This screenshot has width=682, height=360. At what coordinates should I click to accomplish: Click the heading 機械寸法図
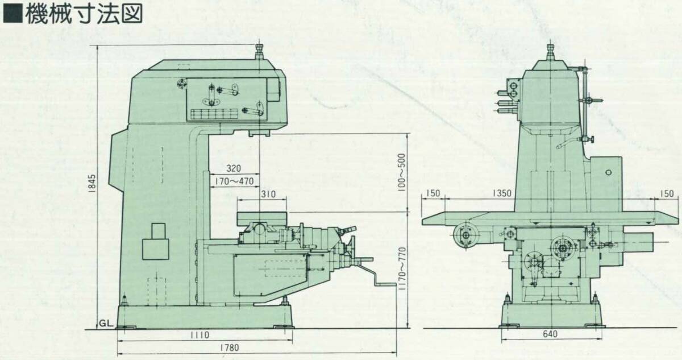tap(84, 13)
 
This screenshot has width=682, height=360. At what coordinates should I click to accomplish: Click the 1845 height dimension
tap(93, 183)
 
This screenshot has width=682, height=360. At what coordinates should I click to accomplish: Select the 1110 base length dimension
tap(199, 335)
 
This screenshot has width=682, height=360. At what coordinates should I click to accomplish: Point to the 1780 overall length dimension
tap(229, 347)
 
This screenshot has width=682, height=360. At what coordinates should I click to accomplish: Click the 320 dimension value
tap(234, 168)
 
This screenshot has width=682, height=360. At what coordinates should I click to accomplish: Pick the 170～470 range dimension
tap(234, 181)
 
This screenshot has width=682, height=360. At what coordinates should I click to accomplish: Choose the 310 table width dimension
tap(268, 194)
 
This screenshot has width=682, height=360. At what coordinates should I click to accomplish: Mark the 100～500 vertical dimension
tap(402, 172)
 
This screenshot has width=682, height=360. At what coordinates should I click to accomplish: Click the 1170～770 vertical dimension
tap(402, 268)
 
